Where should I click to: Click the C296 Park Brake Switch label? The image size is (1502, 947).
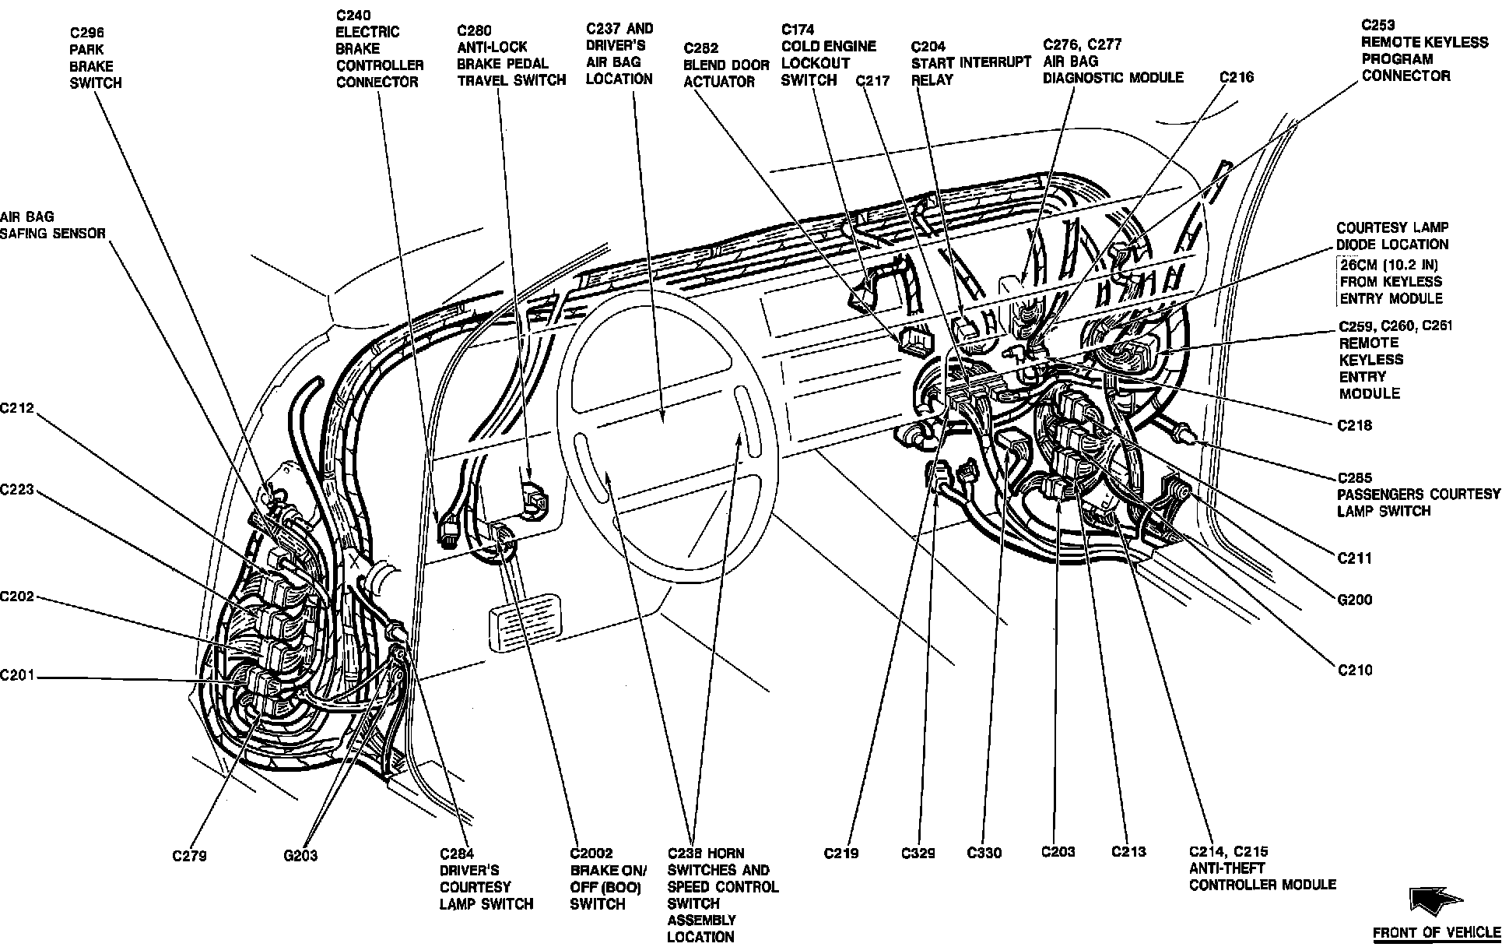[96, 58]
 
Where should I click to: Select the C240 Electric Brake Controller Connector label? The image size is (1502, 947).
[379, 48]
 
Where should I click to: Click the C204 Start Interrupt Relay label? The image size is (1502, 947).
[970, 62]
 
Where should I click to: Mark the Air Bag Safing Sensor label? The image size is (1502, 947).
[52, 225]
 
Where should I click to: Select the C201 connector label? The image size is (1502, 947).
[17, 675]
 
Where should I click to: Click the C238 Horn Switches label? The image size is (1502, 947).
[721, 895]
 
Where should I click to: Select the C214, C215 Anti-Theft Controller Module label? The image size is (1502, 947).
[1262, 868]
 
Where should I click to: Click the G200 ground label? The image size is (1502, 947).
[1355, 600]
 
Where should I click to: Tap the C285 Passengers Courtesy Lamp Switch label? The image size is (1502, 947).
[1418, 495]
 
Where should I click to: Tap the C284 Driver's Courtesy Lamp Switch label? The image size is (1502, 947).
[486, 878]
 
